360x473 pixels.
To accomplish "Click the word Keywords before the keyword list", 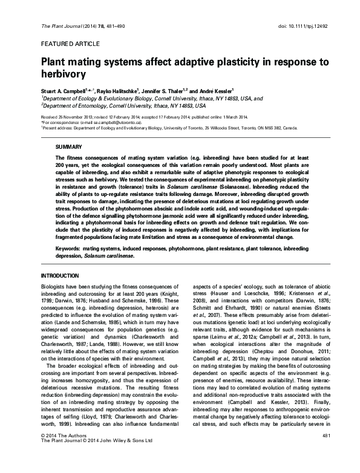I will click(x=67, y=247).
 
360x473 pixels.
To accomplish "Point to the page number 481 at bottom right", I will click(x=326, y=452).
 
